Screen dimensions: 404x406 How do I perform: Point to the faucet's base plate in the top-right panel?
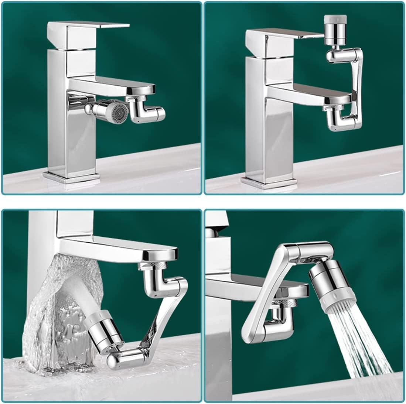270,180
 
